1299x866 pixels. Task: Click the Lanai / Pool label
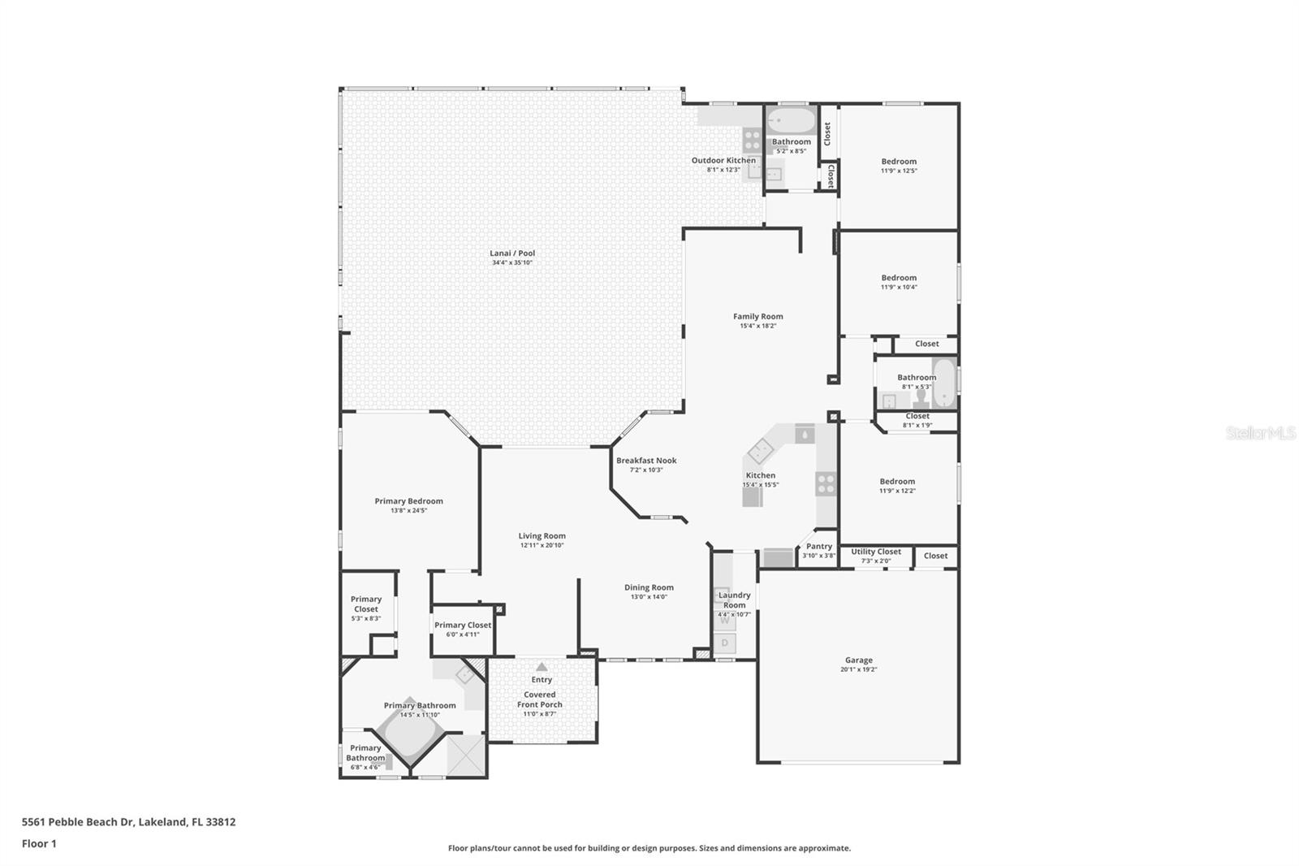click(x=512, y=253)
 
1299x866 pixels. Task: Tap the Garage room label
click(x=858, y=660)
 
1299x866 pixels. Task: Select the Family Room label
click(x=757, y=317)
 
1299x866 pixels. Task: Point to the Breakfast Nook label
click(x=646, y=461)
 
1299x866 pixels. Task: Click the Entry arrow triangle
click(x=542, y=667)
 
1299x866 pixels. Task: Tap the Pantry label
click(x=818, y=547)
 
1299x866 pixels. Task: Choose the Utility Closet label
click(x=876, y=552)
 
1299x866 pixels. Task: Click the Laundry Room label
click(x=734, y=600)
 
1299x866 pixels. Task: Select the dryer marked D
click(x=725, y=643)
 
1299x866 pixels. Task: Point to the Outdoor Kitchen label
click(x=723, y=161)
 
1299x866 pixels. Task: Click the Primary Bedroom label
click(x=408, y=501)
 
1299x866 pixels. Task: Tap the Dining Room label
click(x=649, y=587)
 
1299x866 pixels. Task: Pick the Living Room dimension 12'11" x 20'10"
click(x=542, y=545)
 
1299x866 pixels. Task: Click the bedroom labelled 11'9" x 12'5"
click(x=899, y=167)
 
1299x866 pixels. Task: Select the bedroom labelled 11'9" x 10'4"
click(x=899, y=282)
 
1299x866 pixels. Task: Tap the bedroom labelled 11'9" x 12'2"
click(x=897, y=486)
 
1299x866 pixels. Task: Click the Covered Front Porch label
click(x=540, y=699)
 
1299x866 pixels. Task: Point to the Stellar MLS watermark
click(x=1261, y=434)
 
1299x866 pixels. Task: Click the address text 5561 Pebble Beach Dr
click(x=77, y=821)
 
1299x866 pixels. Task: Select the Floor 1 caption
click(x=39, y=843)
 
